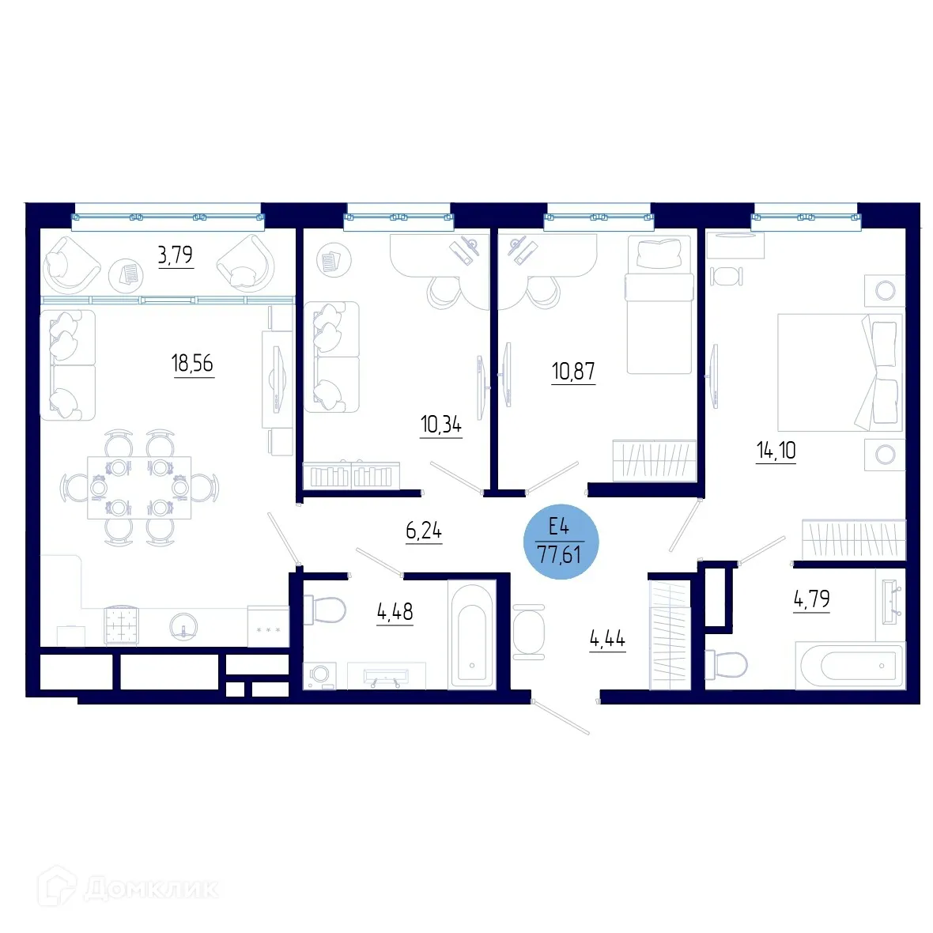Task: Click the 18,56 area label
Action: coord(192,364)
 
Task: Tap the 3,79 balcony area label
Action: coord(175,255)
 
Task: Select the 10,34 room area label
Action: coord(440,425)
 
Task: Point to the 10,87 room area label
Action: coord(573,371)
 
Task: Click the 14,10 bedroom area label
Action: coord(776,451)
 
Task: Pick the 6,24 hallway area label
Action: coord(424,531)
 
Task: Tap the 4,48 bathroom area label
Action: coord(395,611)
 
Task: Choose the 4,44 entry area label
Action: coord(607,638)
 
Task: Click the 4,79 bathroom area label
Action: coord(811,599)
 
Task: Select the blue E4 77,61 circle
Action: coord(561,542)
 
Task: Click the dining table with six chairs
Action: coord(139,488)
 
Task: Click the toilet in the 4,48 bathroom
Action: coord(325,610)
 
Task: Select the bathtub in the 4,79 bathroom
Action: coord(850,665)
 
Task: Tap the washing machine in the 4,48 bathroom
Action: coord(319,675)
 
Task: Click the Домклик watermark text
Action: coord(150,890)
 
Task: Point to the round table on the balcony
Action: coord(127,274)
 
